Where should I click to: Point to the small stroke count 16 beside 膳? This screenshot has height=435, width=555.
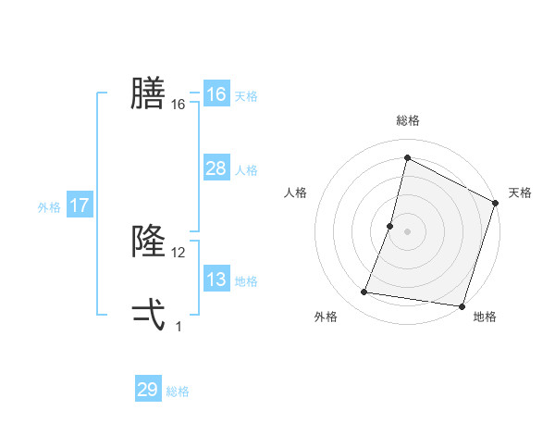pos(179,106)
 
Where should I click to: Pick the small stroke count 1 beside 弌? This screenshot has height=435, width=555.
pos(179,327)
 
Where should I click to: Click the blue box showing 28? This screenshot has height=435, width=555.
pos(216,168)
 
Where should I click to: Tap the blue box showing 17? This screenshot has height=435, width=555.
pos(80,205)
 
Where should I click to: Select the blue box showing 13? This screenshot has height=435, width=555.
pos(216,280)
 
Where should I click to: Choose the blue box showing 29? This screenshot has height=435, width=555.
pos(148,390)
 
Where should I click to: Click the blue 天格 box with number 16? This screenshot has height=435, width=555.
pos(216,94)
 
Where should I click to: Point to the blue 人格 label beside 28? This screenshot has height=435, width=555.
pos(246,170)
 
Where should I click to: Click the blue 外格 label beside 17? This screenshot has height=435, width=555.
pos(49,207)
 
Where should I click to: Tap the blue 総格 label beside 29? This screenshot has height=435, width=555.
pos(178,392)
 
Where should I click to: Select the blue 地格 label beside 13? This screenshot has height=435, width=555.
pos(246,281)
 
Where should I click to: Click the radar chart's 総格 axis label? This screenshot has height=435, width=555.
pos(407,120)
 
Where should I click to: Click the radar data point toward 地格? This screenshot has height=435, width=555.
pos(462,305)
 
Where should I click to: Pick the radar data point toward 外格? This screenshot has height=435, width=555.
pos(364,292)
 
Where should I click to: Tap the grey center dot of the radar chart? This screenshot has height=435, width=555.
pos(407,231)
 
